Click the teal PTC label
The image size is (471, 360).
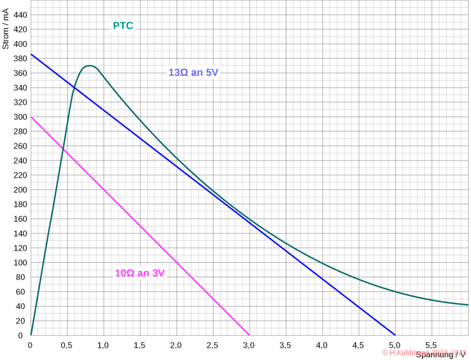point(122,25)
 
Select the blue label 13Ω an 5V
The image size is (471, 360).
point(194,72)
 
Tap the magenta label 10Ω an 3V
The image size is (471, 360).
point(140,273)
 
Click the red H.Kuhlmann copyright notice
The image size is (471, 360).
point(423,352)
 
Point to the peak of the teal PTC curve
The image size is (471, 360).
point(90,66)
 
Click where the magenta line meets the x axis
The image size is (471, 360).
point(249,335)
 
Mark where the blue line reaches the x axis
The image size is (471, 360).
point(395,335)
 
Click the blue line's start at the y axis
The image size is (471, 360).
point(30,54)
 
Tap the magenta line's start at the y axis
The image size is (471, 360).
point(30,117)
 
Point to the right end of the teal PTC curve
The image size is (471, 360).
point(469,305)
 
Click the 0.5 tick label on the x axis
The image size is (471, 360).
point(67,344)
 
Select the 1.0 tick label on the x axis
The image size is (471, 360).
point(103,344)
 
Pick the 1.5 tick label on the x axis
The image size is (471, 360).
point(140,344)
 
